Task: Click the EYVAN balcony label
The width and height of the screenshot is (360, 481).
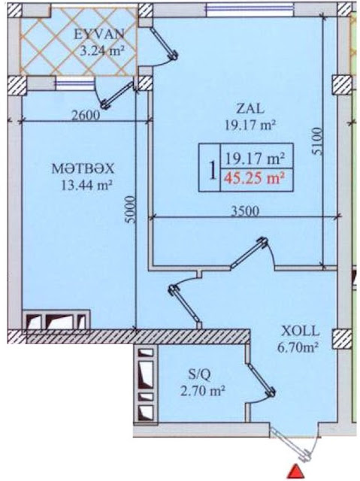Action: (x=99, y=34)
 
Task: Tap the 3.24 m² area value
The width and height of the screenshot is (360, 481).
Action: (x=101, y=50)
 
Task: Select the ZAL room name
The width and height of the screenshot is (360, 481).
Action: (x=250, y=108)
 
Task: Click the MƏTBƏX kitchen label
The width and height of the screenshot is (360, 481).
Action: (x=83, y=168)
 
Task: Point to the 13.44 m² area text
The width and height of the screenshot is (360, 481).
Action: (x=86, y=185)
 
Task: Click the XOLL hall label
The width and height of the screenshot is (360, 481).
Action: (x=301, y=331)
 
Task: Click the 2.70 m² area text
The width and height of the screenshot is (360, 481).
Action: (x=203, y=392)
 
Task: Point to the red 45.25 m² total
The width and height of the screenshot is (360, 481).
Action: (x=253, y=177)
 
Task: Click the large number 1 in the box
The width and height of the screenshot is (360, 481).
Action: (x=211, y=170)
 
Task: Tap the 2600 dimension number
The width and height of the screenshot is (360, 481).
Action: (x=86, y=115)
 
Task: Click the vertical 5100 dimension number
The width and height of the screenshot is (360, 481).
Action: (x=319, y=142)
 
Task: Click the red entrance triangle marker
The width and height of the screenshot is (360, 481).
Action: (x=295, y=471)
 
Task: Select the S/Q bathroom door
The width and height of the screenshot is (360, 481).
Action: (x=262, y=380)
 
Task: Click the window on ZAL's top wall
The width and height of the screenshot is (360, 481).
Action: (x=250, y=9)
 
